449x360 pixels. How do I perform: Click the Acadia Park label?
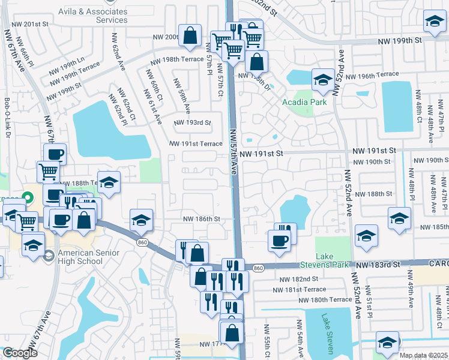pyautogui.click(x=305, y=102)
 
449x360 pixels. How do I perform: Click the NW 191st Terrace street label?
pyautogui.click(x=196, y=144)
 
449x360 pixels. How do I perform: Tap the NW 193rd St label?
pyautogui.click(x=193, y=123)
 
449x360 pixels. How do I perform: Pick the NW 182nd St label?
pyautogui.click(x=298, y=279)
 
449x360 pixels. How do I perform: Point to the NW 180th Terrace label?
pyautogui.click(x=324, y=299)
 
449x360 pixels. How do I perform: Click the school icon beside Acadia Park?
pyautogui.click(x=323, y=80)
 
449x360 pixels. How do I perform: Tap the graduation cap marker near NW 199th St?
pyautogui.click(x=433, y=22)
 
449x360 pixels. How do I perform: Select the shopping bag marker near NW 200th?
pyautogui.click(x=190, y=34)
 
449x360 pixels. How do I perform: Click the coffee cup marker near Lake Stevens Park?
pyautogui.click(x=279, y=241)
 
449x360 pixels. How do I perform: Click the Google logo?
pyautogui.click(x=20, y=353)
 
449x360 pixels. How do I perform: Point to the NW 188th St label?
pyautogui.click(x=373, y=194)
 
